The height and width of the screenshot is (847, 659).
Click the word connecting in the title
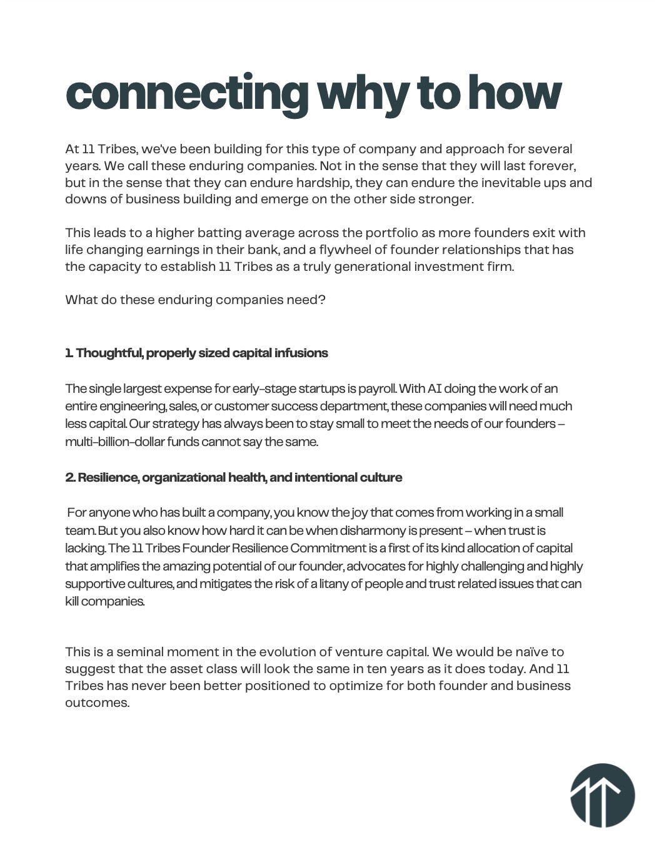[x=186, y=94]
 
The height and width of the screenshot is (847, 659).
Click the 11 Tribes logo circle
[x=602, y=795]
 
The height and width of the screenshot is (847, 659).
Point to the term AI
[x=435, y=388]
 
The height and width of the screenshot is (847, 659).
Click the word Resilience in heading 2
[x=108, y=477]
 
